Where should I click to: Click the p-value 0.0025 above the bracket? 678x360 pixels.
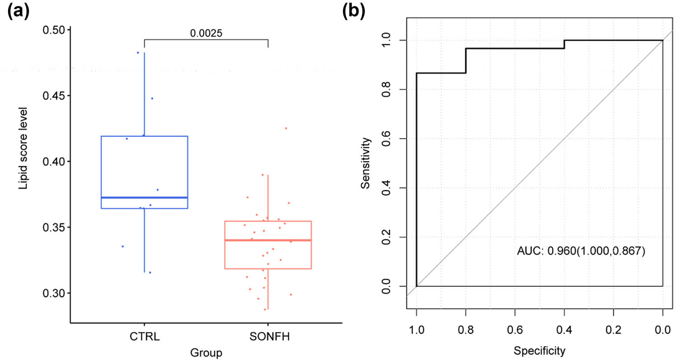click(x=206, y=33)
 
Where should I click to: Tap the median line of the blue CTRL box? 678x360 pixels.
click(x=144, y=197)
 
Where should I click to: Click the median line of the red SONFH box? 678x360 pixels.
click(x=268, y=240)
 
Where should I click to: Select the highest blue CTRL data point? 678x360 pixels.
click(x=138, y=53)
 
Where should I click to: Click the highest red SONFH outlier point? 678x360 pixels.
click(x=286, y=128)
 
